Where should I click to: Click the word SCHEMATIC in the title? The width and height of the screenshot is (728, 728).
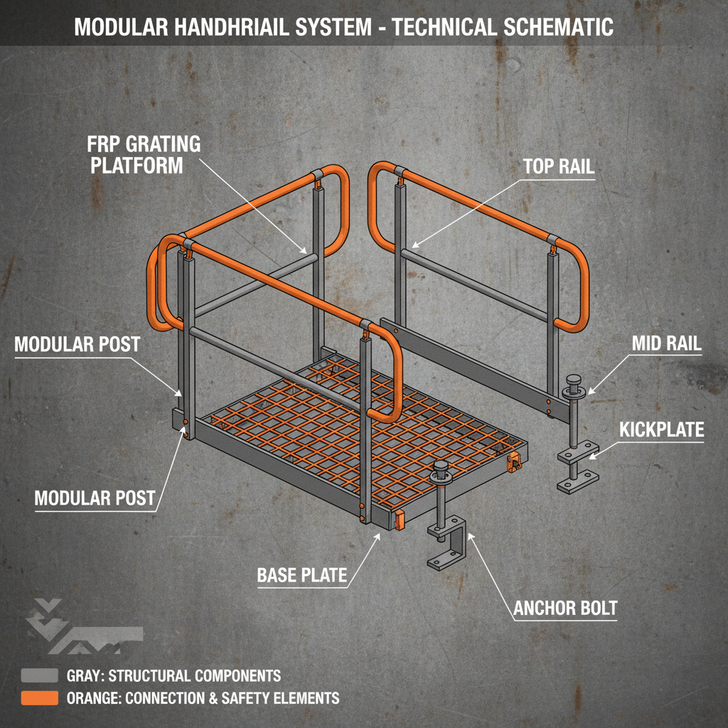(x=545, y=28)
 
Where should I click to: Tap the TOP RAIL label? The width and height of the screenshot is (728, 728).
(x=558, y=167)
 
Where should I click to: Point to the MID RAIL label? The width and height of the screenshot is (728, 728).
(x=666, y=344)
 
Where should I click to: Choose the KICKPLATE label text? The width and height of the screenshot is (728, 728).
(x=661, y=430)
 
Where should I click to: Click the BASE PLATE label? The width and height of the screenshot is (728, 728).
(x=302, y=574)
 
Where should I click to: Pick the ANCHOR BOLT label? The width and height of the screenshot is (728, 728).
(x=565, y=609)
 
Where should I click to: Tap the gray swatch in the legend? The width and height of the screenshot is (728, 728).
(x=39, y=675)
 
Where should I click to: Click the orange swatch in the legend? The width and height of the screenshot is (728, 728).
(x=39, y=698)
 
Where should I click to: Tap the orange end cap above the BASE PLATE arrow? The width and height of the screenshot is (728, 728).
(x=399, y=520)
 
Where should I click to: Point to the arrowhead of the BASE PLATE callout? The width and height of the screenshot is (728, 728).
(x=380, y=535)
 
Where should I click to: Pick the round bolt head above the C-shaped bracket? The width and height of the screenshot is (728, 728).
(x=441, y=470)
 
